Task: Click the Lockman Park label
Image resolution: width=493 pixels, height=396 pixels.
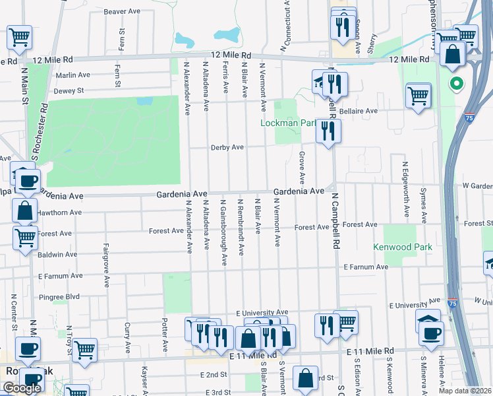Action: coord(289,123)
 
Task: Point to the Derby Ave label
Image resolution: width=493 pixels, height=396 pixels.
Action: coord(227,148)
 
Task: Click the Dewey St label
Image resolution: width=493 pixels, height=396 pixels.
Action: coord(69,90)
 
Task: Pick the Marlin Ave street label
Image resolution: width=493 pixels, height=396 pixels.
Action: coord(72,75)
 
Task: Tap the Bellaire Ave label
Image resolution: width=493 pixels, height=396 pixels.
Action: coord(359,111)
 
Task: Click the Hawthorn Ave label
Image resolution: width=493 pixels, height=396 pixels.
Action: coord(59,213)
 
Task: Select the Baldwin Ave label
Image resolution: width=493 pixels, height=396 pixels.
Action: coord(57,254)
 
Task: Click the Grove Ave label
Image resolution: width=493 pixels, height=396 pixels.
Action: coord(302,168)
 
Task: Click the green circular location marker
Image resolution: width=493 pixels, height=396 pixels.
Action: coord(455,84)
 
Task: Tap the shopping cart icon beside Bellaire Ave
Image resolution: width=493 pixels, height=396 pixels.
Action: coord(419,95)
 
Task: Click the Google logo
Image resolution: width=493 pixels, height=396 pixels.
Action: coord(22,388)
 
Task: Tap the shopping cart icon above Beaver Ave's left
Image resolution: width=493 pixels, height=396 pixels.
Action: coord(19,38)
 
